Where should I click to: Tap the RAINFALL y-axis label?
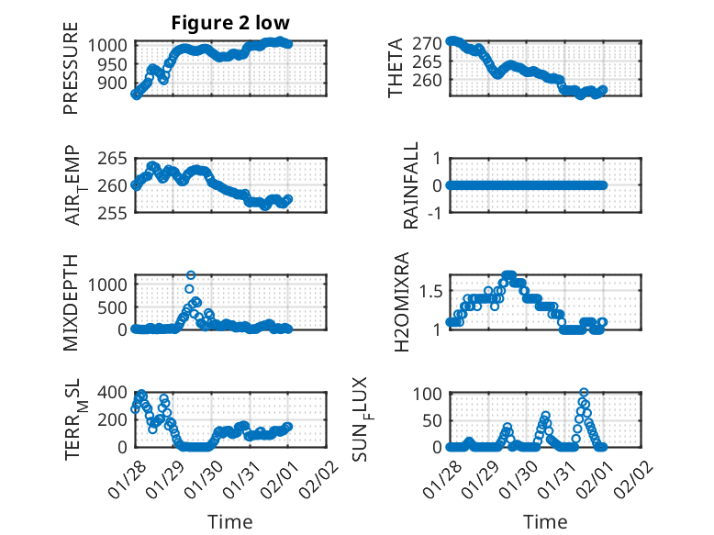[x=412, y=185]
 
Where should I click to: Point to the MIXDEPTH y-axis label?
[x=72, y=302]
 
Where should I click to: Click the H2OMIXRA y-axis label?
[x=400, y=302]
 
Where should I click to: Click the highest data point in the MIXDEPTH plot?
[x=191, y=274]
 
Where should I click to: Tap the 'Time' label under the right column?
[x=545, y=521]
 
